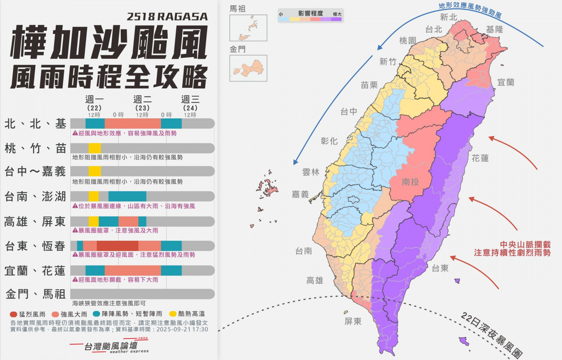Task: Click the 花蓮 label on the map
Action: (480, 158)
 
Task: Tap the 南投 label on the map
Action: (410, 182)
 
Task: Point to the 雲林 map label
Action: (311, 172)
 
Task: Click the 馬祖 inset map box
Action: (248, 28)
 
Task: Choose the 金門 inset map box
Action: (248, 68)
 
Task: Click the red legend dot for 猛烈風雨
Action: (13, 314)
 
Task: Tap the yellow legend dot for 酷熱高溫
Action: (173, 314)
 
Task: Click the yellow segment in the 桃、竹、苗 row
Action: (94, 148)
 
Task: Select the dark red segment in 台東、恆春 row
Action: (117, 246)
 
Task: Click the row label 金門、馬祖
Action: (36, 294)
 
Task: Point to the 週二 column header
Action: (142, 100)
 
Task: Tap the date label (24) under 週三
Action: (190, 108)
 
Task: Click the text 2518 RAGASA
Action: (167, 17)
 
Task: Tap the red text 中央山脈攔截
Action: (525, 245)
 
